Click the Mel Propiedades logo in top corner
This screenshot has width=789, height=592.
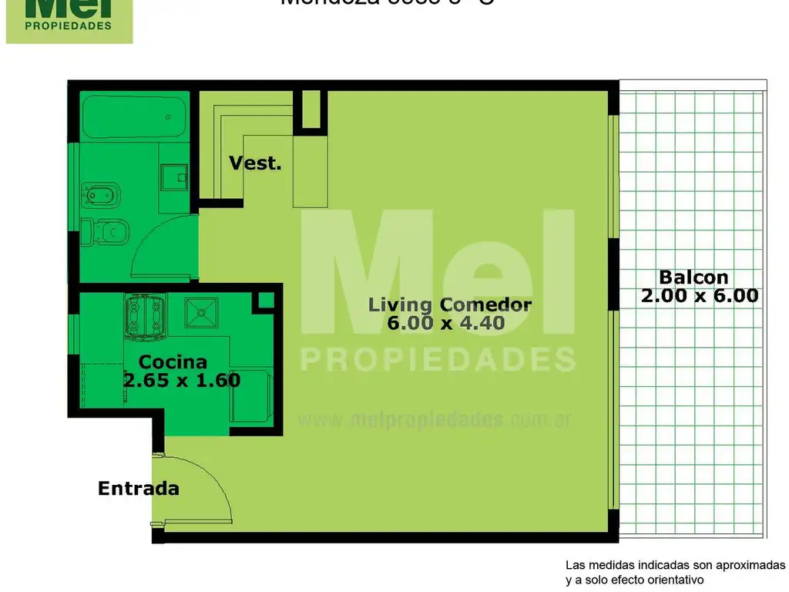point(69,20)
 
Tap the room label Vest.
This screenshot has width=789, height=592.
point(255,163)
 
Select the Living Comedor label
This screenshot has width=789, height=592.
point(449,304)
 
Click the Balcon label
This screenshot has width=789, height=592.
point(693,277)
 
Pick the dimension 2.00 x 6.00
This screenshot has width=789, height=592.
point(699,295)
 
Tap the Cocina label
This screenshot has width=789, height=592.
point(173,362)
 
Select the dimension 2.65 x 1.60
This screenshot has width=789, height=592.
point(182,379)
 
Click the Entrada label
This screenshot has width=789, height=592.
point(139,488)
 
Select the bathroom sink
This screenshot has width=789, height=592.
point(173,178)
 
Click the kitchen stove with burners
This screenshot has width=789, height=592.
point(146,317)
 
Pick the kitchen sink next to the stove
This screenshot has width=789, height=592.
point(201,313)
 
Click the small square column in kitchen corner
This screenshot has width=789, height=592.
point(266,301)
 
